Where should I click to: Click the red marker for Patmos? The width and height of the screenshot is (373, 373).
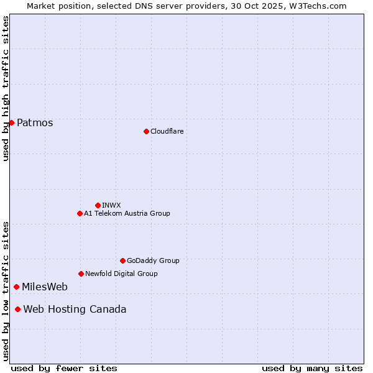click(x=11, y=122)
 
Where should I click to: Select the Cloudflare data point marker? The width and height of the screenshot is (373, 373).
click(x=146, y=131)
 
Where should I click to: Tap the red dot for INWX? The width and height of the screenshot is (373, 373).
click(x=98, y=205)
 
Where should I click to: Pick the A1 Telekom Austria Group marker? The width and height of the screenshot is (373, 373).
click(x=80, y=213)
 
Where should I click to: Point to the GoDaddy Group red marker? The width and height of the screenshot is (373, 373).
click(x=122, y=260)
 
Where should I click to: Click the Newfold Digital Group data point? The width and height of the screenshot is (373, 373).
click(x=81, y=274)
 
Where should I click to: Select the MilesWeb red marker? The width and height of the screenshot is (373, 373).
click(x=16, y=287)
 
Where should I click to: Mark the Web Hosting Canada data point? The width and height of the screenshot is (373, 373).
click(x=17, y=309)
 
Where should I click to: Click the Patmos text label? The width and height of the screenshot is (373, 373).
click(x=35, y=123)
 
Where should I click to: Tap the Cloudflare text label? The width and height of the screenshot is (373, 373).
click(x=167, y=131)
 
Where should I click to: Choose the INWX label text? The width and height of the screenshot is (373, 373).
click(x=111, y=205)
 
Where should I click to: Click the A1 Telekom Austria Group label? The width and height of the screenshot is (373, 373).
click(x=127, y=213)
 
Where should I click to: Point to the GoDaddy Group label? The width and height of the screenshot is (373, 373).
click(x=153, y=260)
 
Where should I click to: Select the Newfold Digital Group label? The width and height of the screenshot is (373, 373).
click(x=121, y=274)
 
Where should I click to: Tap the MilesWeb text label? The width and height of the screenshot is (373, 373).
click(x=45, y=287)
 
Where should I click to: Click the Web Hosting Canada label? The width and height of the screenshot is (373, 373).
click(x=75, y=310)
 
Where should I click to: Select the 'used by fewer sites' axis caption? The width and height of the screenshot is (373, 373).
click(x=64, y=368)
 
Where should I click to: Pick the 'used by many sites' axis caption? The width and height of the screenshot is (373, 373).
click(x=312, y=368)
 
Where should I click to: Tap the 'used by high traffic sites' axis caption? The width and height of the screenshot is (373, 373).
click(x=6, y=89)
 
